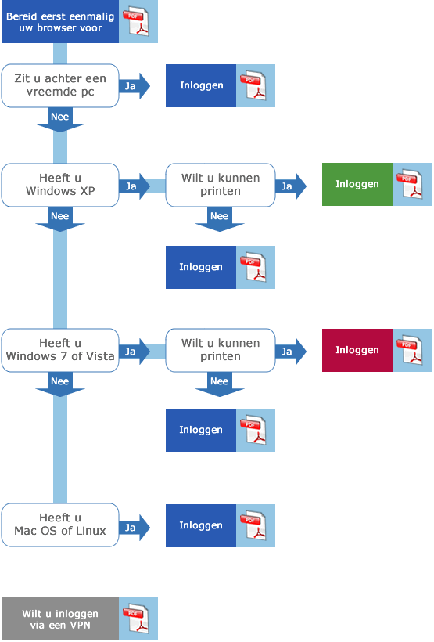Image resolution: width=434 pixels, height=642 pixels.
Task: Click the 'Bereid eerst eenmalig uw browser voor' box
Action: pyautogui.click(x=60, y=21)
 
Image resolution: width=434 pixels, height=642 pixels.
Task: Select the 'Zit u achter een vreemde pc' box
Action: pyautogui.click(x=60, y=85)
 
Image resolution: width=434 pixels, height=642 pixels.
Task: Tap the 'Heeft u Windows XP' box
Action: pyautogui.click(x=60, y=185)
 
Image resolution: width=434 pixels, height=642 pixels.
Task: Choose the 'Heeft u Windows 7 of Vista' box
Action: pyautogui.click(x=60, y=350)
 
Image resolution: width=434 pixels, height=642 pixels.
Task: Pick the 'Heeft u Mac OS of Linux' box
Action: pyautogui.click(x=60, y=525)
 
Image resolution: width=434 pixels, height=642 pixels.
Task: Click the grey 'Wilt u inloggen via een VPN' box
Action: pyautogui.click(x=60, y=619)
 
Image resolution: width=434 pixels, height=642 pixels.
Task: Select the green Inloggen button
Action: pyautogui.click(x=357, y=184)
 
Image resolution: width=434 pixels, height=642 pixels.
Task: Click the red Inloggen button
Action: pyautogui.click(x=357, y=350)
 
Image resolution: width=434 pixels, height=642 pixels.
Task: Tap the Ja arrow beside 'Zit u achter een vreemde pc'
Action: pyautogui.click(x=135, y=86)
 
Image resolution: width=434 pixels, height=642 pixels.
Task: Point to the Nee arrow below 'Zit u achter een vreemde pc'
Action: pyautogui.click(x=60, y=120)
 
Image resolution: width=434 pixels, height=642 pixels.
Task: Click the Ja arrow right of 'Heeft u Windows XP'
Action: pyautogui.click(x=135, y=186)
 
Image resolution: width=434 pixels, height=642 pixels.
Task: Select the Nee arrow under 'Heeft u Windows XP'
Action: pyautogui.click(x=60, y=219)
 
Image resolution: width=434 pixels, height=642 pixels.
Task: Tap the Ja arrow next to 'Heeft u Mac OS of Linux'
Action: pyautogui.click(x=135, y=528)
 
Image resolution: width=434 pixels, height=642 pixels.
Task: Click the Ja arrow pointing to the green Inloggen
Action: pyautogui.click(x=291, y=186)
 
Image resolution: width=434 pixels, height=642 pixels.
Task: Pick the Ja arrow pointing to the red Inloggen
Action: pyautogui.click(x=291, y=352)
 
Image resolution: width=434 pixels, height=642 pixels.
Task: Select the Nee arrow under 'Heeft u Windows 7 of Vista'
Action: pyautogui.click(x=60, y=384)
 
